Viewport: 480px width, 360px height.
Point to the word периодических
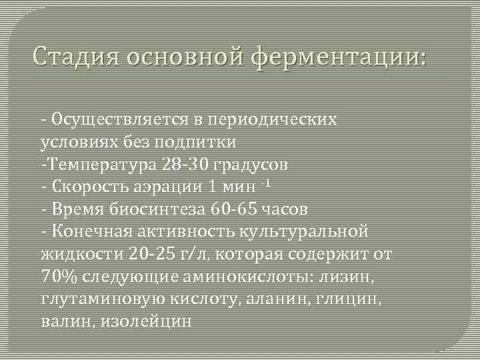click(282, 119)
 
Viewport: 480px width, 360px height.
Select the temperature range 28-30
click(183, 164)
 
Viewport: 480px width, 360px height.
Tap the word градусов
click(251, 164)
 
